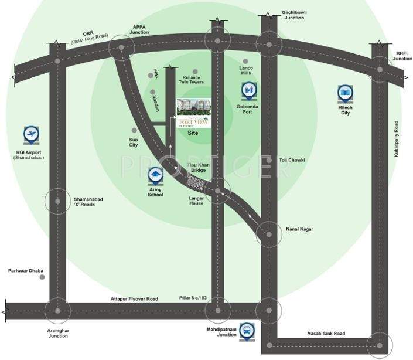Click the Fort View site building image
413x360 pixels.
pos(193,112)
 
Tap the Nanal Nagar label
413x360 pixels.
pos(299,229)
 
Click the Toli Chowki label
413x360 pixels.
pos(291,159)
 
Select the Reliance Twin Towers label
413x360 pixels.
pos(191,80)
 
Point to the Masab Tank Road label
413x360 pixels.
pos(326,334)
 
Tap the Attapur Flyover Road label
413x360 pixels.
pos(134,299)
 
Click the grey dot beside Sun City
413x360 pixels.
pos(134,130)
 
